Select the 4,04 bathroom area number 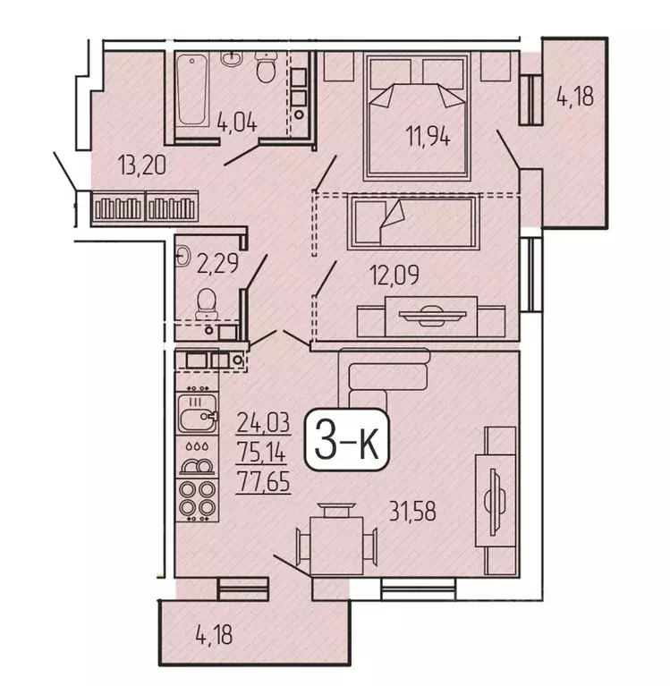(238, 123)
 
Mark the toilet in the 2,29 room (208, 304)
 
